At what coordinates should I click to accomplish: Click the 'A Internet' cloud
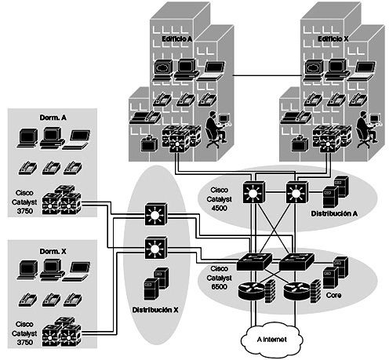[x=272, y=340]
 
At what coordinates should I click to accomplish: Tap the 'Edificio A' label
[x=177, y=39]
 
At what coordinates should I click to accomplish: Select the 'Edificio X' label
[x=333, y=39]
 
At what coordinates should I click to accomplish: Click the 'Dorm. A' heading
[x=53, y=118]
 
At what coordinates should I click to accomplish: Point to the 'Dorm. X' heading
[x=53, y=252]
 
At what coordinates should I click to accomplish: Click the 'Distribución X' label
[x=155, y=310]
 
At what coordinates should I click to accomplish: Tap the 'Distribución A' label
[x=334, y=213]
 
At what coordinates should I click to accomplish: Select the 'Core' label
[x=333, y=296]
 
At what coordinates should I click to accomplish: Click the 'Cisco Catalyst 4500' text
[x=219, y=199]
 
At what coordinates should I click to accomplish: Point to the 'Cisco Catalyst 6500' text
[x=219, y=278]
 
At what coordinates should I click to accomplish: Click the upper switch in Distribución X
[x=156, y=214]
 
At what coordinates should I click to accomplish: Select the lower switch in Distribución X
[x=156, y=248]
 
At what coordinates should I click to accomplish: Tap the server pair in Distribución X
[x=156, y=284]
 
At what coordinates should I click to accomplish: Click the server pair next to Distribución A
[x=336, y=192]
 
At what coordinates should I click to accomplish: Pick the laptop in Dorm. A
[x=76, y=140]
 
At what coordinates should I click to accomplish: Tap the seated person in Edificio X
[x=366, y=129]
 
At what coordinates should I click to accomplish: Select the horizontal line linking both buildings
[x=267, y=76]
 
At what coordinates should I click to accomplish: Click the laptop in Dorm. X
[x=76, y=272]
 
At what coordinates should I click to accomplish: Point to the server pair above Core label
[x=336, y=272]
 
